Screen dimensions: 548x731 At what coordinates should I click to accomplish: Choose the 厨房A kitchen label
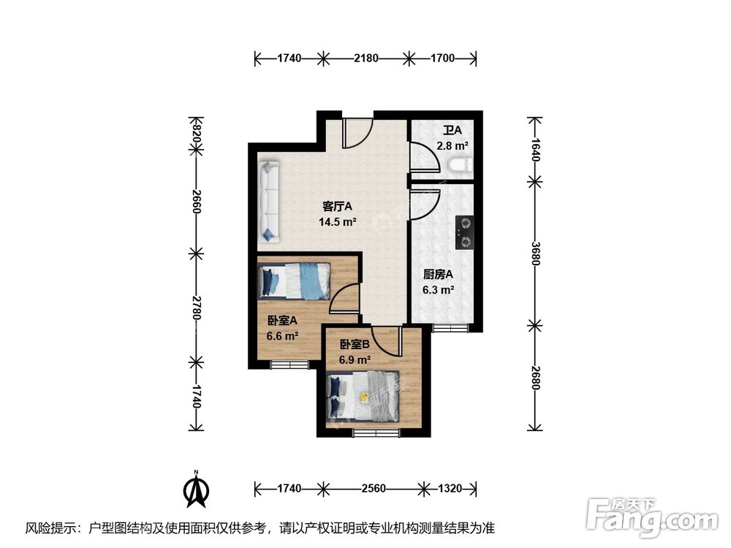439,275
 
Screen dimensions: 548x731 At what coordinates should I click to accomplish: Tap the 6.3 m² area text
439,290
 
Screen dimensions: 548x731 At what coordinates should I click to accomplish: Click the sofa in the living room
269,201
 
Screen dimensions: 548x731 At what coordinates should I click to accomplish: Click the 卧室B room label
355,344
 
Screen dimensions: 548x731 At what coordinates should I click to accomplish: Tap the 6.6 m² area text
282,336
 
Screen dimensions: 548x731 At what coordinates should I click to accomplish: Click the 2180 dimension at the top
365,58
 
